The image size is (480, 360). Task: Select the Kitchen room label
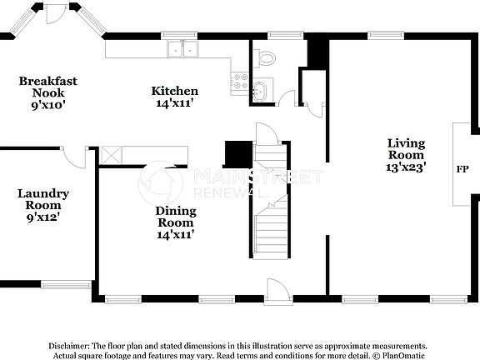click(174, 91)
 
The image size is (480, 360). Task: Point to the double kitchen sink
click(182, 49)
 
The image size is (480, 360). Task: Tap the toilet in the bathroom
click(265, 57)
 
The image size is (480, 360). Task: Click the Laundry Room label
click(42, 199)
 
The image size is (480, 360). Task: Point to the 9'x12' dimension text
click(42, 217)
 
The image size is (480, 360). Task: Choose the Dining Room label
click(176, 217)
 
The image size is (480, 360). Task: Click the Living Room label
click(406, 148)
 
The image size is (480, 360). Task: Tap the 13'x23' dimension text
click(406, 167)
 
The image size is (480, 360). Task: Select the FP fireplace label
click(462, 169)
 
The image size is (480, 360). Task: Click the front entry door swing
click(277, 289)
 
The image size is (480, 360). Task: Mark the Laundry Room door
click(75, 157)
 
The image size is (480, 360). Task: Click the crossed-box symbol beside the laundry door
click(110, 155)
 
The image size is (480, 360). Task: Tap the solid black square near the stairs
click(237, 155)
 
